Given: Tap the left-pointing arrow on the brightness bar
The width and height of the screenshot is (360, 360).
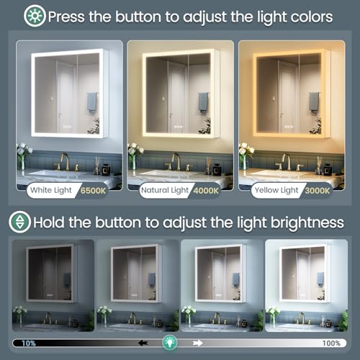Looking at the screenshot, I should pos(144,343).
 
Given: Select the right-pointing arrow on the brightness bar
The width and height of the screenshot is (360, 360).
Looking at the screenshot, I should pos(199,343).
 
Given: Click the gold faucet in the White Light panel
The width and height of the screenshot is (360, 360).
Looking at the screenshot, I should pos(65,161).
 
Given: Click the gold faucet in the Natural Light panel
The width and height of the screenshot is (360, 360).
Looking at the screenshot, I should pos(175,161).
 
